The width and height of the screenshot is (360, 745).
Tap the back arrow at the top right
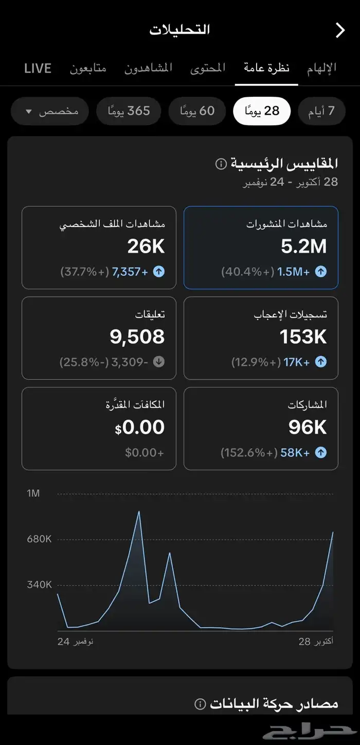pos(340,30)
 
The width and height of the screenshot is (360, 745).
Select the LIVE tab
pos(38,68)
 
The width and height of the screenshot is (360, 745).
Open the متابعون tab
pos(88,68)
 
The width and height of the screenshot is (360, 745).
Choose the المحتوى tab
pos(208,68)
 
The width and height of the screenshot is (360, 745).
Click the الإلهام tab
pos(321,68)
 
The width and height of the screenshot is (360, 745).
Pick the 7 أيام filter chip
pos(321,111)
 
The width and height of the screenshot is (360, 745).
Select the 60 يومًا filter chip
pos(197,111)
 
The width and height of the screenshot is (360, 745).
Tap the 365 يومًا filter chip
pos(129,111)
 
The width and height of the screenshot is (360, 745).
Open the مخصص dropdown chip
pos(50,111)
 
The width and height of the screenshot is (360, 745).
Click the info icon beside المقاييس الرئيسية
pos(221,164)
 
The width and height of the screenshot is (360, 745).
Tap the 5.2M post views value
pos(303,247)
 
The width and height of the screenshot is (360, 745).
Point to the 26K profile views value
pos(146,247)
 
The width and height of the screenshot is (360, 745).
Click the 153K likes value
pos(303,337)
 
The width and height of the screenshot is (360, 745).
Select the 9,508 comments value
pos(137,337)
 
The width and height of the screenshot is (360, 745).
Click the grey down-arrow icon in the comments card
pos(159,362)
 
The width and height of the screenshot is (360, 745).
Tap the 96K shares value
pos(307,428)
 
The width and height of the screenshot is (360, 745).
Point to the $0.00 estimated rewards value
pos(140,428)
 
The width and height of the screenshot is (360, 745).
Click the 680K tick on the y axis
pos(40,539)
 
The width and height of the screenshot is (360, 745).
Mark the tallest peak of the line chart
pos(139,511)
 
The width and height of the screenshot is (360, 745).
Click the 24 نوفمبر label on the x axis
pos(75,642)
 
